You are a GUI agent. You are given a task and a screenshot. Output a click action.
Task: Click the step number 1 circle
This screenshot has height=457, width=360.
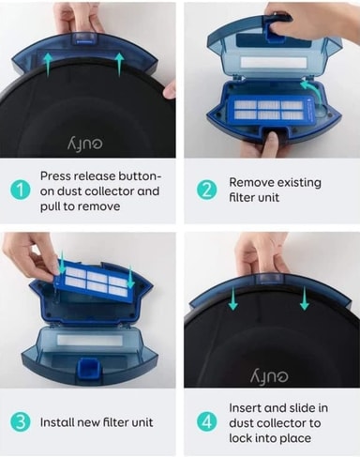click(x=20, y=190)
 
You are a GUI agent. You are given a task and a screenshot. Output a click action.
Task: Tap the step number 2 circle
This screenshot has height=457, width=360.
click(x=206, y=190)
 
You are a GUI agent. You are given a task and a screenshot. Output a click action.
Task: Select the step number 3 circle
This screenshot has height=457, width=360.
click(x=20, y=422)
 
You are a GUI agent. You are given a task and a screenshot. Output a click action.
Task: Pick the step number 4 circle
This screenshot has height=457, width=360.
click(x=206, y=422)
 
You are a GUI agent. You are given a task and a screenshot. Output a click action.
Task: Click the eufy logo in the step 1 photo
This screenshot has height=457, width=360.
click(x=84, y=145)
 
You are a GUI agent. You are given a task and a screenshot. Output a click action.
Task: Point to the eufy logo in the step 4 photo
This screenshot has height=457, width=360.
click(x=269, y=376)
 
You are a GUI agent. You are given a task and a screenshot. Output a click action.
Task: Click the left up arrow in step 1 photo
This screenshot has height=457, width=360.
click(x=48, y=65)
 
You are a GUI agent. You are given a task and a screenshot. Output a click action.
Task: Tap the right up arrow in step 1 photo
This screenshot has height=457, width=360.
click(x=119, y=65)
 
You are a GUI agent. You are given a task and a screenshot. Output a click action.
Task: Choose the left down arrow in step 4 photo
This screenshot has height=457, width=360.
click(x=232, y=298)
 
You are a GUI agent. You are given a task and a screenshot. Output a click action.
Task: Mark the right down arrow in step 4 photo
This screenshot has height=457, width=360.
click(x=305, y=298)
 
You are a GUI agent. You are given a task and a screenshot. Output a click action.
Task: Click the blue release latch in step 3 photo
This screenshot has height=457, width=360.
click(x=89, y=368)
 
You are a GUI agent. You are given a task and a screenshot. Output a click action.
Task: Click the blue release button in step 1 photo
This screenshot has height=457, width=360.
click(x=84, y=39)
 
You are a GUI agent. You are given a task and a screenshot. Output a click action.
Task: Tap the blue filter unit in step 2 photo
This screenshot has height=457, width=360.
click(x=271, y=110)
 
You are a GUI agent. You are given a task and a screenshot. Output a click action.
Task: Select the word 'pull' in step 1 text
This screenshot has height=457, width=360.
click(x=50, y=206)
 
